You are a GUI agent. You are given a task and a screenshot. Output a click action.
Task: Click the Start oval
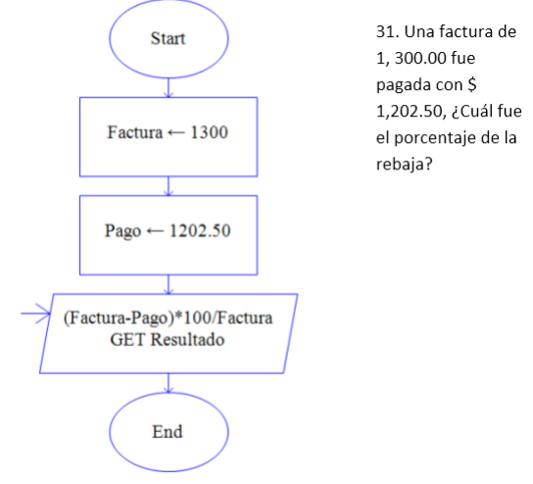pos(170,40)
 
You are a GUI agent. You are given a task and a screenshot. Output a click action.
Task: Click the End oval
pos(170,432)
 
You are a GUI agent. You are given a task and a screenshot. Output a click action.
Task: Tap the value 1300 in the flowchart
pos(210,132)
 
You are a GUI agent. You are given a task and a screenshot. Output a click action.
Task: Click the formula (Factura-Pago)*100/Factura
pos(170,320)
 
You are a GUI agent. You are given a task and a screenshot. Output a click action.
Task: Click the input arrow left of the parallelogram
pos(35,315)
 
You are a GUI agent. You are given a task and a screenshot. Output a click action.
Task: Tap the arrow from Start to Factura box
pos(170,88)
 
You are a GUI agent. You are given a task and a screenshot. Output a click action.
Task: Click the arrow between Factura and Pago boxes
pos(170,185)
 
